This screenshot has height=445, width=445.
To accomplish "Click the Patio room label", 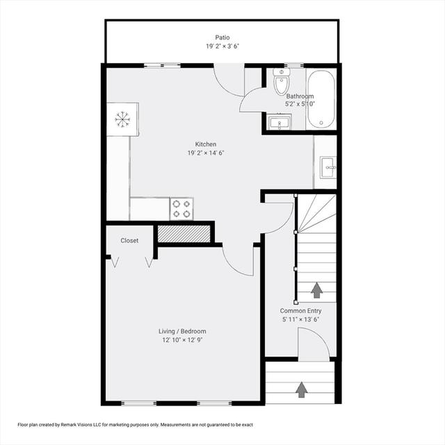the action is tap(222, 38).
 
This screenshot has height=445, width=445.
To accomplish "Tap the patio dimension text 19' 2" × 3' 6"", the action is tap(222, 47).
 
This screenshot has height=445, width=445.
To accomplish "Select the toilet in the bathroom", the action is tap(281, 81).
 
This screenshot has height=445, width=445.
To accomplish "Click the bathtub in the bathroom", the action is tap(321, 99).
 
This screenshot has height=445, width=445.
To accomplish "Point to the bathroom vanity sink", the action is tap(280, 122).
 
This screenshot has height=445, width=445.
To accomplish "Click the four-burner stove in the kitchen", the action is tap(181, 209).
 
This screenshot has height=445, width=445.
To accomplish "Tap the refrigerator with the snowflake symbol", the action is tap(122, 119).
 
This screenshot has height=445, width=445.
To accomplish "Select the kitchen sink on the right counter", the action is tap(328, 168).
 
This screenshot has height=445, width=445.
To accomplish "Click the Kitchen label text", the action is tap(206, 144).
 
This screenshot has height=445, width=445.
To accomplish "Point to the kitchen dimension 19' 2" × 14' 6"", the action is tap(206, 153).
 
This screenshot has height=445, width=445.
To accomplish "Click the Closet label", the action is tap(129, 241).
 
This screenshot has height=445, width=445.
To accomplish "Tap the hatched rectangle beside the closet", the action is tap(184, 234).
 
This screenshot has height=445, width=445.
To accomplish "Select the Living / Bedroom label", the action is tap(182, 331).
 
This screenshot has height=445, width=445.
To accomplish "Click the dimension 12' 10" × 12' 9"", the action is tap(182, 340).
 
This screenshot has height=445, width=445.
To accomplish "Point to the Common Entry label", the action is tap(301, 311).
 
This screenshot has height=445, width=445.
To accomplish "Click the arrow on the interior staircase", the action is tap(317, 291).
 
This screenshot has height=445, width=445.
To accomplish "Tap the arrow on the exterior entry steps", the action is tap(301, 389).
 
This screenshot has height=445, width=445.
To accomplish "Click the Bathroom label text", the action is tap(300, 96).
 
